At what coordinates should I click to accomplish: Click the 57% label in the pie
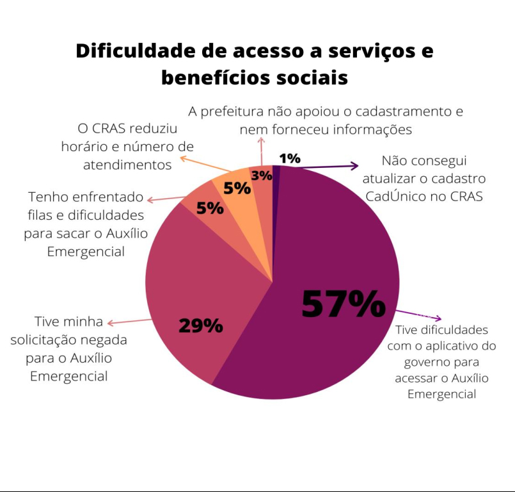pyautogui.click(x=344, y=304)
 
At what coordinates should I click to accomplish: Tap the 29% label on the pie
pyautogui.click(x=200, y=326)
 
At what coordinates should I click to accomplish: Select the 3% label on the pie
pyautogui.click(x=262, y=174)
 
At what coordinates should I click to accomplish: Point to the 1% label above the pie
pyautogui.click(x=290, y=158)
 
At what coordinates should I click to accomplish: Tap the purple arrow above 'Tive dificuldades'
pyautogui.click(x=418, y=315)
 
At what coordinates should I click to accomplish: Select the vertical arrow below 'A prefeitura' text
pyautogui.click(x=261, y=152)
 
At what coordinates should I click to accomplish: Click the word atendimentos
pyautogui.click(x=127, y=165)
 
